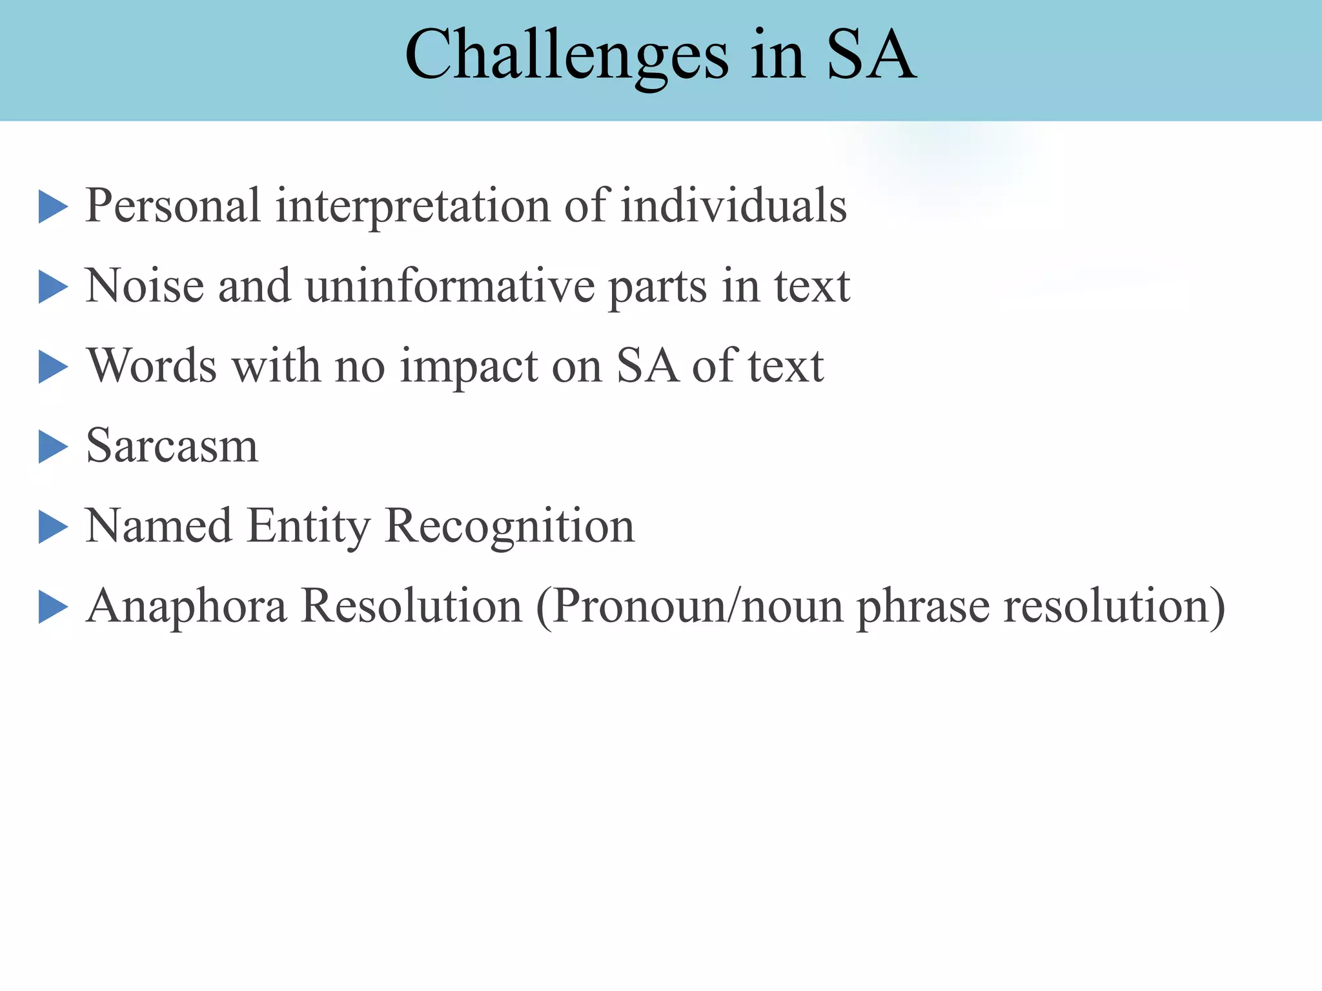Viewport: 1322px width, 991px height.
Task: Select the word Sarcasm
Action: pos(172,446)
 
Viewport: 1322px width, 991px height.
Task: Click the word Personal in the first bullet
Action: pos(173,206)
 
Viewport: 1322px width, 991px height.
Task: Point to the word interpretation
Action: pos(413,206)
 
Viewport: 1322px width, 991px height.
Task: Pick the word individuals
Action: pos(734,206)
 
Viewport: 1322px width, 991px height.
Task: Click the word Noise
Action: pos(145,286)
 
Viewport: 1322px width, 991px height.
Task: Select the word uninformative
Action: pos(450,286)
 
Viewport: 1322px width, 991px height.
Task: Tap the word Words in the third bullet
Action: pos(152,366)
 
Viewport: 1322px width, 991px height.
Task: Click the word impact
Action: pos(469,367)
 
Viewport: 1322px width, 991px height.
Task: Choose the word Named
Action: pos(159,526)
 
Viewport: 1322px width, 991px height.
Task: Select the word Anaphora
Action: pos(187,606)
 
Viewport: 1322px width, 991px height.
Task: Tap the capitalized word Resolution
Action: pos(412,606)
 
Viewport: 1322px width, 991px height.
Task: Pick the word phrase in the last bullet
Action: pos(923,606)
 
